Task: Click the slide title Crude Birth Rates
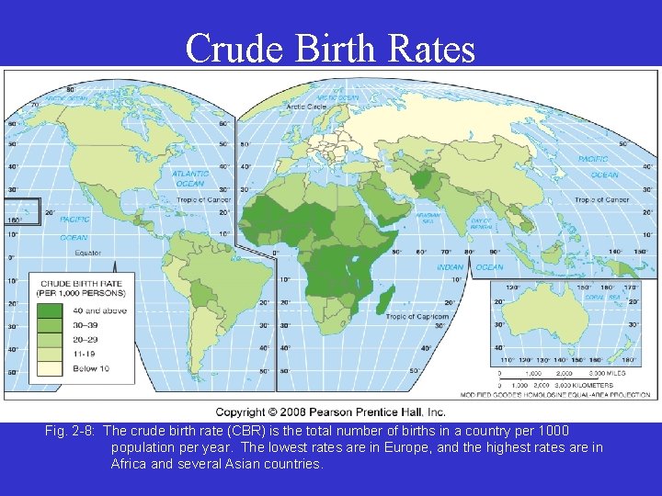pos(330,48)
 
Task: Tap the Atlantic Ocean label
pos(189,178)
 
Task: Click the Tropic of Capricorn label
pos(417,317)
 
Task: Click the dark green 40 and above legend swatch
pos(50,310)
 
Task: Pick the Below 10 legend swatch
pos(50,368)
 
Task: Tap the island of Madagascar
pos(386,298)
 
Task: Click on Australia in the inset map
pos(557,313)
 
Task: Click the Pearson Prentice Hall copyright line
pos(330,412)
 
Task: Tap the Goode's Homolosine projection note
pos(575,394)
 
